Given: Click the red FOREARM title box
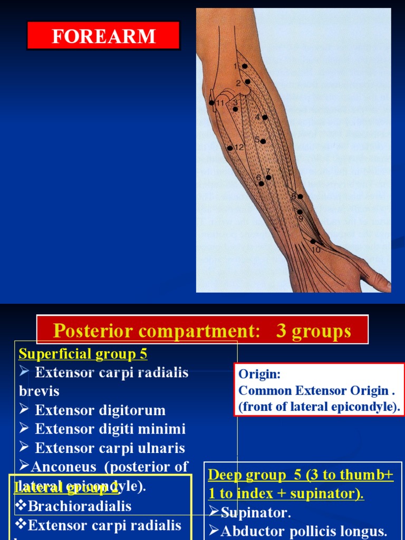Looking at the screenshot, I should click(x=103, y=36).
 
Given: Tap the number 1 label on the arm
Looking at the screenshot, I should click(x=236, y=66).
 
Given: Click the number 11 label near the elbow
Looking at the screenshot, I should click(x=220, y=103).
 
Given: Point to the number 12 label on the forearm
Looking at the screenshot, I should click(x=239, y=148).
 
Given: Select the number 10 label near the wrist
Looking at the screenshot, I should click(x=316, y=250).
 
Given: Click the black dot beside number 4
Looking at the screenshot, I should click(x=265, y=117).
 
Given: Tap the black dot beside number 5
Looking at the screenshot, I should click(x=263, y=141).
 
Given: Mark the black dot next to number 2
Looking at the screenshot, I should click(x=247, y=82).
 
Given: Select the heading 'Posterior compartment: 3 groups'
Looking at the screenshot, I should click(x=202, y=331).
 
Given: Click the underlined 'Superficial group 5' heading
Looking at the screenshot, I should click(x=83, y=353).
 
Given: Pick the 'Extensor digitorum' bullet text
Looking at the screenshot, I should click(x=100, y=410).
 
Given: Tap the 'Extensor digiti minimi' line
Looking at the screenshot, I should click(x=110, y=429).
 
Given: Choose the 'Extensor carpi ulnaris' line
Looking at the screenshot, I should click(x=110, y=448).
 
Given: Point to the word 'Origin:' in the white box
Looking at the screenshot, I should click(x=259, y=374).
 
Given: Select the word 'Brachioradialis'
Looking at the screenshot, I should click(x=80, y=506).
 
